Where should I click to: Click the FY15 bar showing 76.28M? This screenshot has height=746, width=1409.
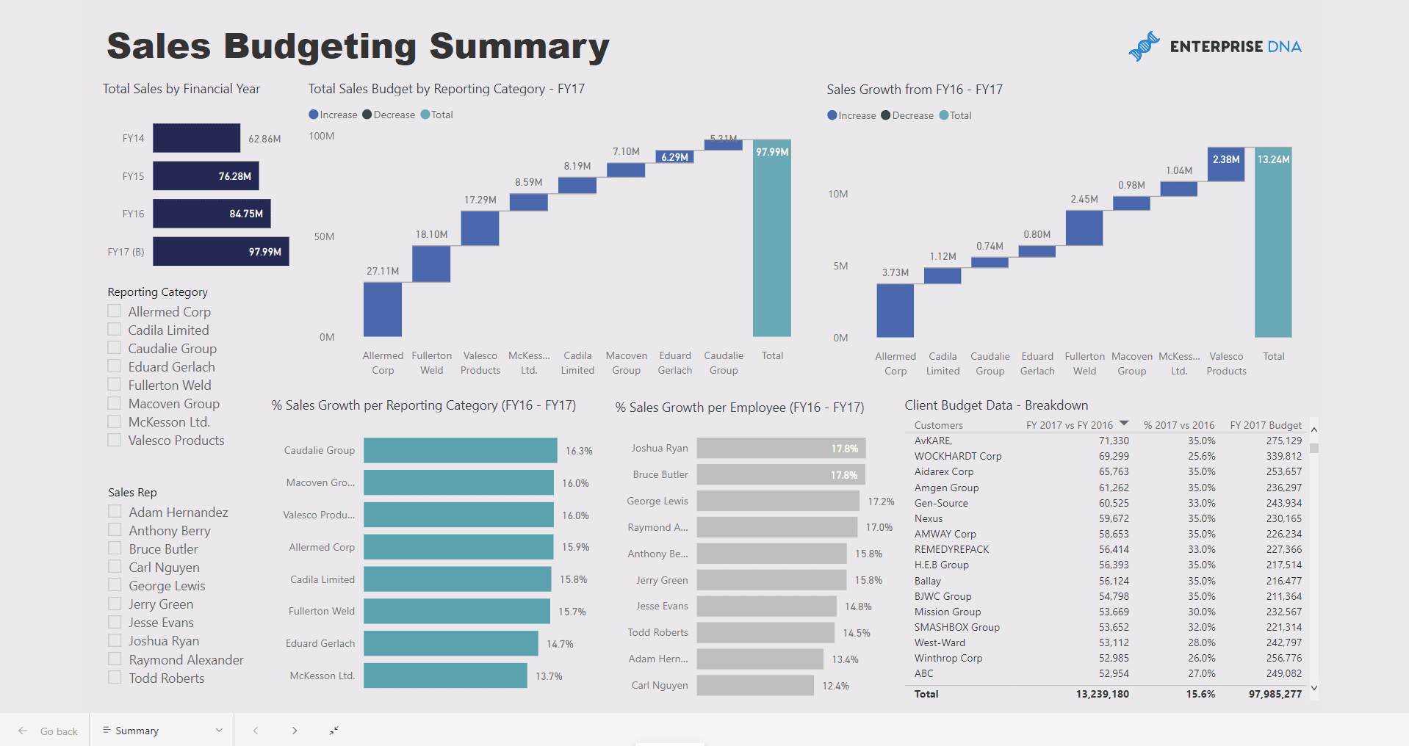[206, 176]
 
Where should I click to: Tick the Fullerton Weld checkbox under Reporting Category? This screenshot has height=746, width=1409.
[115, 385]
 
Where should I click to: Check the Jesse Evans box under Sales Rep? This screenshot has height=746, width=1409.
[115, 622]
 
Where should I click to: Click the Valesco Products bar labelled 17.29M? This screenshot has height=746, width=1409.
[480, 228]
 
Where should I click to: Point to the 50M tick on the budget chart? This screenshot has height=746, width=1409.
[324, 236]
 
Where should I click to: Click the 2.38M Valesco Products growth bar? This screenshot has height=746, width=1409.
[1225, 164]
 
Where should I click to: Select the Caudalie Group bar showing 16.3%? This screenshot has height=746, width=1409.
[460, 450]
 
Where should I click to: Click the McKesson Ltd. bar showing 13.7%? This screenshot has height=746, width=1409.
[445, 676]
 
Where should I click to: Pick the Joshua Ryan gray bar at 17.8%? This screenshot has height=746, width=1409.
[781, 448]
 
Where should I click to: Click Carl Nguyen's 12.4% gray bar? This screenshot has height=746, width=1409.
[754, 685]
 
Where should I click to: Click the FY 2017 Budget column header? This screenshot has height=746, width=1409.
[1265, 425]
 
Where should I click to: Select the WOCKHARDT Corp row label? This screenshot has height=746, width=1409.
[957, 456]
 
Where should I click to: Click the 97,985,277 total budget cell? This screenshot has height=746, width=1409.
[1275, 694]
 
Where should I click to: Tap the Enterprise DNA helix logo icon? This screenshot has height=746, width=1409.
[1143, 46]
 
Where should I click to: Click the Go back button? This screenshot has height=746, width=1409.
[48, 731]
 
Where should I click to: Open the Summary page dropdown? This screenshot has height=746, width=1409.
[219, 731]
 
